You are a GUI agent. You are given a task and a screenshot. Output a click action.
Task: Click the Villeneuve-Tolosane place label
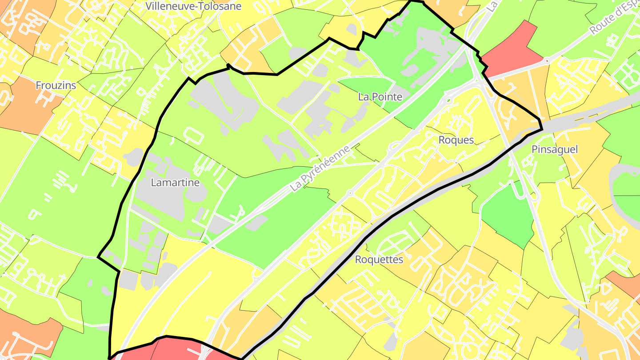click(193, 6)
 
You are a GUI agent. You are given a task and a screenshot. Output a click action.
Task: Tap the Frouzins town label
click(56, 85)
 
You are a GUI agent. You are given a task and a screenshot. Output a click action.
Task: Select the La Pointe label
click(380, 97)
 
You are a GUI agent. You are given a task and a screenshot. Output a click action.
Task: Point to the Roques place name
click(456, 140)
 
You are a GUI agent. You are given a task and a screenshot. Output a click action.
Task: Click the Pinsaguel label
click(555, 150)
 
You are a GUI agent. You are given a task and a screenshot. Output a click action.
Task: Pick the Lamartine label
click(175, 183)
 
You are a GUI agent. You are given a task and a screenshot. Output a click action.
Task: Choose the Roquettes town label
click(379, 260)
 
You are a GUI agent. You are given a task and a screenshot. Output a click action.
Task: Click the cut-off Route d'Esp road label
click(616, 18)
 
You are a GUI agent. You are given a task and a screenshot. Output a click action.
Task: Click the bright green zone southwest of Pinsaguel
click(509, 213)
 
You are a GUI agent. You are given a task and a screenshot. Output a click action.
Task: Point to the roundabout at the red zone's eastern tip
click(547, 60)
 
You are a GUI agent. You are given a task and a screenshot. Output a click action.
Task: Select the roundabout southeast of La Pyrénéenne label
click(350, 193)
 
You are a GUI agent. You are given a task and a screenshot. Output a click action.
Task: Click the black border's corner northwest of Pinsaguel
click(541, 129)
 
